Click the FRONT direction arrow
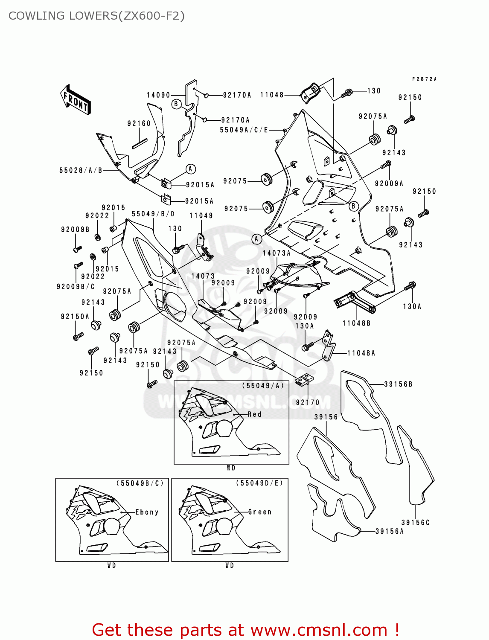tap(76, 100)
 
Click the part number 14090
tap(158, 95)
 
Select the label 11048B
tap(356, 323)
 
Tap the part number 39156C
tap(415, 522)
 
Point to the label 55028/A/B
tap(81, 170)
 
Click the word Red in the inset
tap(255, 414)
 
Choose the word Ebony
tap(147, 512)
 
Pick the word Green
tap(260, 512)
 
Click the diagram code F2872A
tap(424, 79)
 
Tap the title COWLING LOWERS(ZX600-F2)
tap(96, 16)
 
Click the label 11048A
tap(361, 353)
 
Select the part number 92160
tap(139, 123)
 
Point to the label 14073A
tap(277, 253)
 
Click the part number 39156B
tap(398, 384)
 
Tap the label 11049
tap(201, 215)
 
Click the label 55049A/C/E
tap(244, 130)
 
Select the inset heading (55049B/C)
tap(140, 483)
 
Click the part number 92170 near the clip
tap(308, 402)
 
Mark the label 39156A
tap(389, 531)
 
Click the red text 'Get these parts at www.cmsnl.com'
tap(245, 630)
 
